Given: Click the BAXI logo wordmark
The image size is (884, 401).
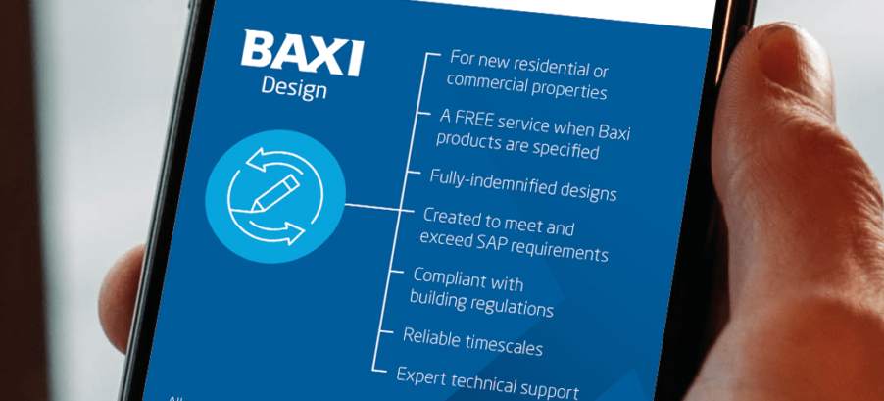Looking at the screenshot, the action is click(302, 52).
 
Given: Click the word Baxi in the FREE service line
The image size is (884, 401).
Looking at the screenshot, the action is click(612, 132).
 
